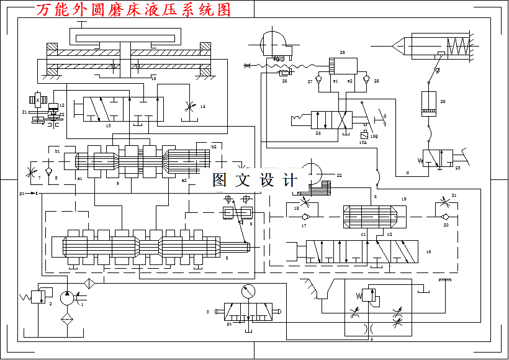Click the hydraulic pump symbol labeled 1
pyautogui.click(x=67, y=298)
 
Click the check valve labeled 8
pyautogui.click(x=50, y=168)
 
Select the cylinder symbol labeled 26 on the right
pyautogui.click(x=430, y=103)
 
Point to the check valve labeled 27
pyautogui.click(x=318, y=81)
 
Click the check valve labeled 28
pyautogui.click(x=366, y=81)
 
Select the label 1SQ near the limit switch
pyautogui.click(x=374, y=136)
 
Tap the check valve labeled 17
pyautogui.click(x=304, y=217)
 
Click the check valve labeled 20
pyautogui.click(x=445, y=217)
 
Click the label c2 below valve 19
pyautogui.click(x=389, y=234)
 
